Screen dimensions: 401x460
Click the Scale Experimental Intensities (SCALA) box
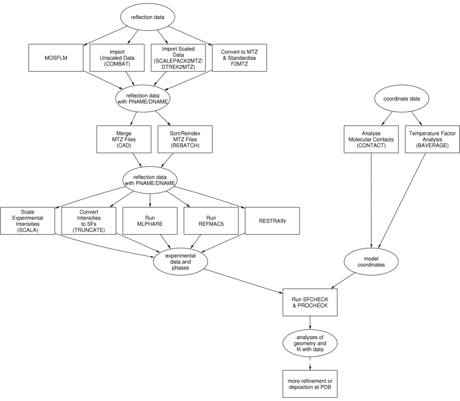pyautogui.click(x=28, y=221)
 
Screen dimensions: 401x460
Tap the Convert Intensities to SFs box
pyautogui.click(x=89, y=221)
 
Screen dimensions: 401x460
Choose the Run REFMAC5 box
pyautogui.click(x=211, y=221)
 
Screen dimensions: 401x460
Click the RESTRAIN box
pyautogui.click(x=273, y=221)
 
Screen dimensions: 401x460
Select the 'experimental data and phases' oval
pyautogui.click(x=180, y=261)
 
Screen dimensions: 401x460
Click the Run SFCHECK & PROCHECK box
pyautogui.click(x=309, y=302)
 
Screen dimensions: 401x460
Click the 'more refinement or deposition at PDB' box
pyautogui.click(x=309, y=383)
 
